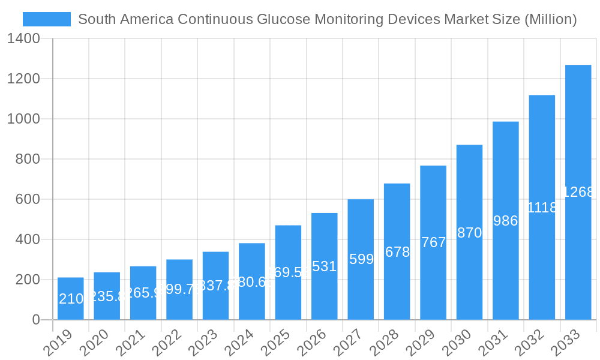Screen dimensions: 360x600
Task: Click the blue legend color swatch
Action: (46, 19)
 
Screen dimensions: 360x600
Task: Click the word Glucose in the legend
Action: (281, 19)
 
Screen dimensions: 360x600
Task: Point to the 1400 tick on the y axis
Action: (24, 39)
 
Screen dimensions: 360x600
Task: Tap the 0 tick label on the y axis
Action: (36, 320)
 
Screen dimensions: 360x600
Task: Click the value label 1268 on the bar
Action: (578, 192)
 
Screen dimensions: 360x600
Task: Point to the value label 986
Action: (505, 221)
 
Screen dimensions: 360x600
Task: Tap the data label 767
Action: (433, 242)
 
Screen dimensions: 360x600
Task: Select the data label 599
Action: (361, 259)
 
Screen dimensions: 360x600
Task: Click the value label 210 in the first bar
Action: (71, 299)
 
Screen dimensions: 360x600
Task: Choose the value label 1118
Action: (542, 208)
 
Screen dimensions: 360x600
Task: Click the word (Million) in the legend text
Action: (550, 19)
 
